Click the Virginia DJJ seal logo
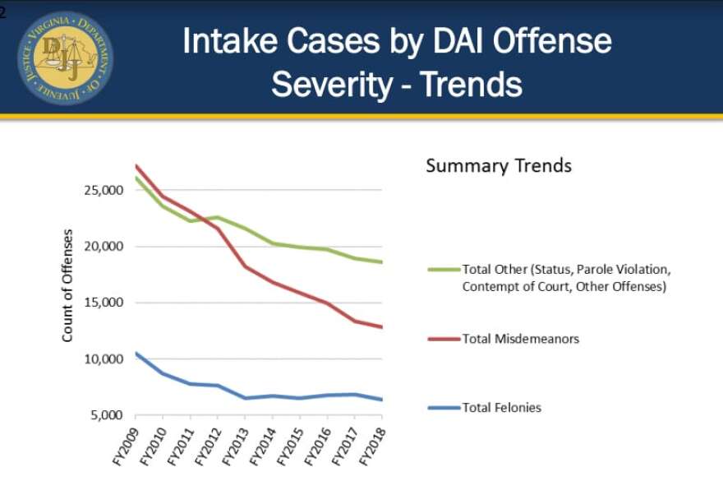click(x=65, y=58)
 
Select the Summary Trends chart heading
click(x=498, y=166)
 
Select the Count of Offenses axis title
click(x=68, y=285)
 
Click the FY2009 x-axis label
click(x=129, y=444)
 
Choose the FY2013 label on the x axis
click(x=238, y=444)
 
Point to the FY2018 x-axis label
click(x=375, y=444)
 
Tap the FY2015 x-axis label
click(x=292, y=444)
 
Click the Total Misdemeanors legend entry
click(x=520, y=339)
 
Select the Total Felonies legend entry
click(x=501, y=407)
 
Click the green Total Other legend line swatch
click(x=443, y=269)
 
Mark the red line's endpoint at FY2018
click(x=383, y=327)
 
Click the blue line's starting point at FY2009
click(x=136, y=354)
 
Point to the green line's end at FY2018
click(x=383, y=262)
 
